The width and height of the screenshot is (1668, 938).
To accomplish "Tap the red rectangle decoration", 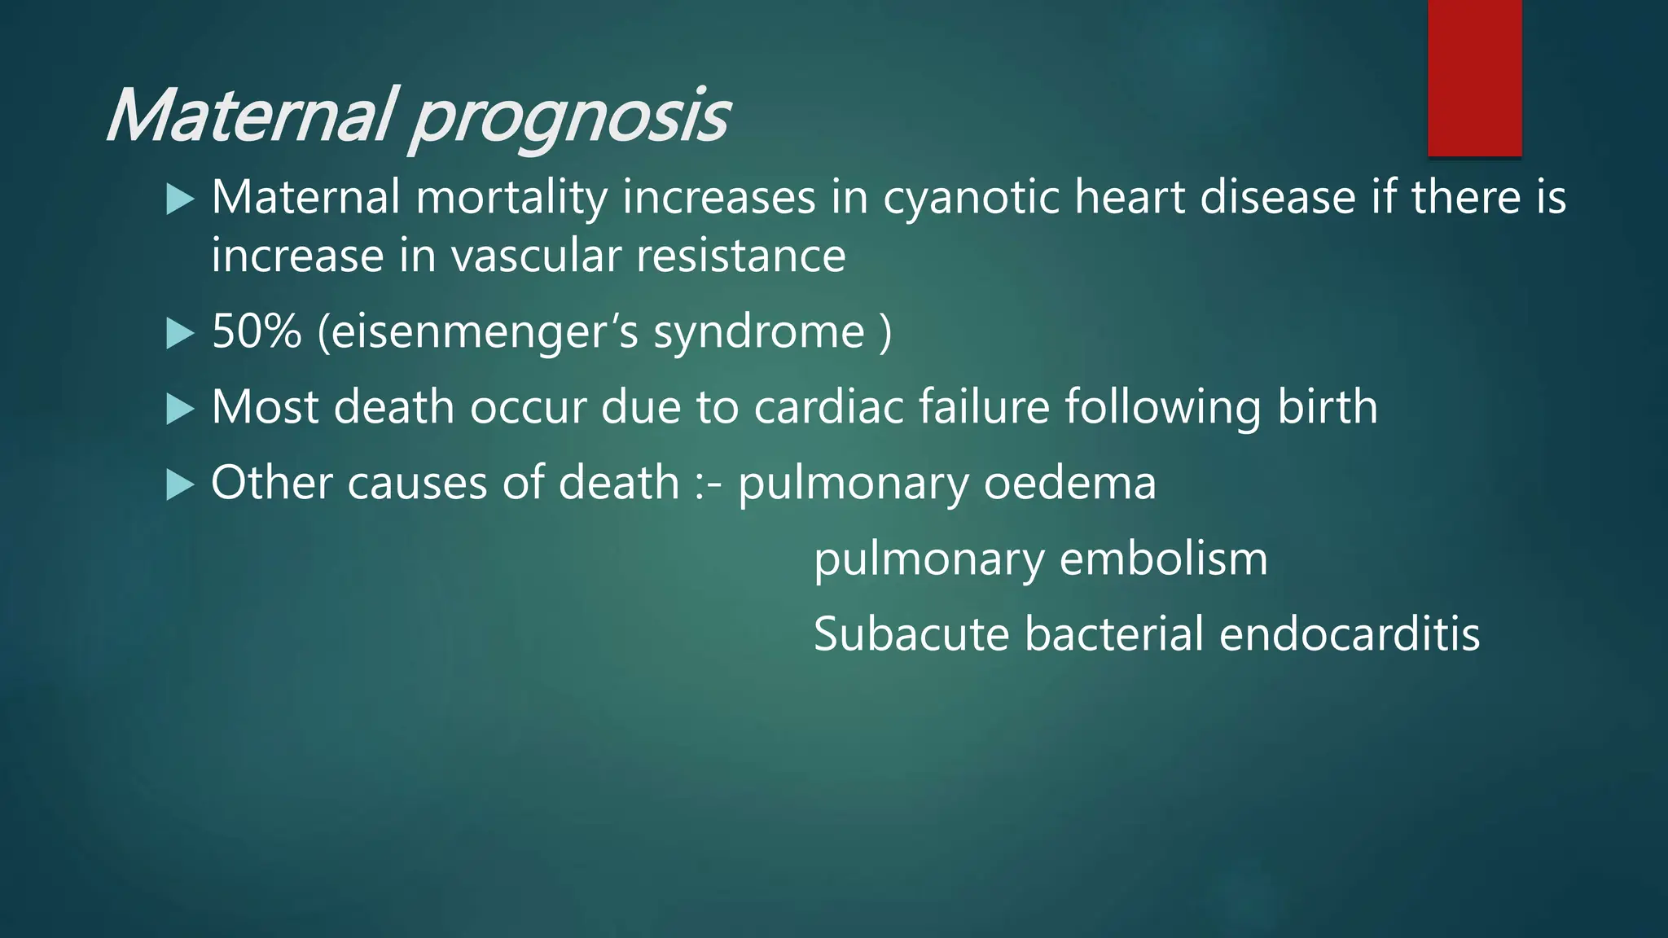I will [1474, 78].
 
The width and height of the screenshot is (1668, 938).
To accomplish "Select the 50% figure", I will [257, 331].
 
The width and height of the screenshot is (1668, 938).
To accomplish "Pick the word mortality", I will [511, 199].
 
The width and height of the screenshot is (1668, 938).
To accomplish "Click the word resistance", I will [741, 256].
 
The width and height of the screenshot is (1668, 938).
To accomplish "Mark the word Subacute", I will [911, 634].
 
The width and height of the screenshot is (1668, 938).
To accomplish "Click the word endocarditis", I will [1350, 634].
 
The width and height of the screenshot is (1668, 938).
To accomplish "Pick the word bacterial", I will [1113, 634].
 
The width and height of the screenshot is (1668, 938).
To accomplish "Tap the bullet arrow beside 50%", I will [180, 333].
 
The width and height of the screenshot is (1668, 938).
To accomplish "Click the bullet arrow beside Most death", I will [180, 409].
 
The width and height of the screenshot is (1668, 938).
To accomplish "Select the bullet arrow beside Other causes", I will [180, 484].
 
